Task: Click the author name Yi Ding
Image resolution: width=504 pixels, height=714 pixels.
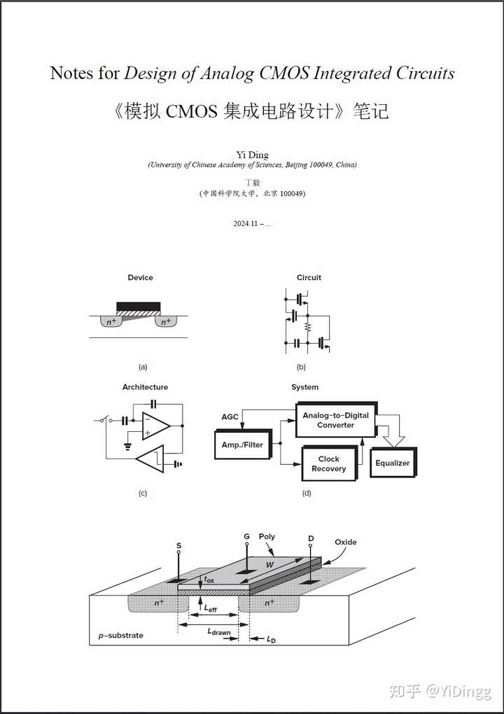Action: coord(252,155)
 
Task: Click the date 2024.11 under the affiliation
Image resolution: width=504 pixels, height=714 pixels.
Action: coord(246,223)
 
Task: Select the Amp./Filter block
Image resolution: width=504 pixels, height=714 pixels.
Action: coord(242,444)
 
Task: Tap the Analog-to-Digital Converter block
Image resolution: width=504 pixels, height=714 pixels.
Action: coord(336,420)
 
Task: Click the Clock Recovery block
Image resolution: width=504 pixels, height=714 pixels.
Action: coord(328,463)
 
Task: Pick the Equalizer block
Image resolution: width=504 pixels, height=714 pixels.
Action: coord(392,463)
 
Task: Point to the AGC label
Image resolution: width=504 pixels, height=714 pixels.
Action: coord(230,416)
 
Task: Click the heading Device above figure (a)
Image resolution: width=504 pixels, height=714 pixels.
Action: coord(140,277)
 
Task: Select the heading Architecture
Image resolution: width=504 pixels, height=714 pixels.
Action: coord(145,386)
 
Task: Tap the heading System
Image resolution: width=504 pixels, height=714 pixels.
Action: coord(304,386)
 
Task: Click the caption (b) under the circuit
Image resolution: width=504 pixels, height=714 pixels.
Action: coord(302,366)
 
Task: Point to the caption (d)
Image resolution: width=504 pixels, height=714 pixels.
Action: coord(306,493)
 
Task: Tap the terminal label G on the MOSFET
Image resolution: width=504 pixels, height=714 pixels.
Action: coord(246,536)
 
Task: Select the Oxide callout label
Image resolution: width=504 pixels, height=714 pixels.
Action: coord(345,542)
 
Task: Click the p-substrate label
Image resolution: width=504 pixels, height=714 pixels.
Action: coord(120,636)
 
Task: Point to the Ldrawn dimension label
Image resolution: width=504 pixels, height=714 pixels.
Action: coord(218,631)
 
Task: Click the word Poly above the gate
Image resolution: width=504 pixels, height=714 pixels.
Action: coord(267,536)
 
